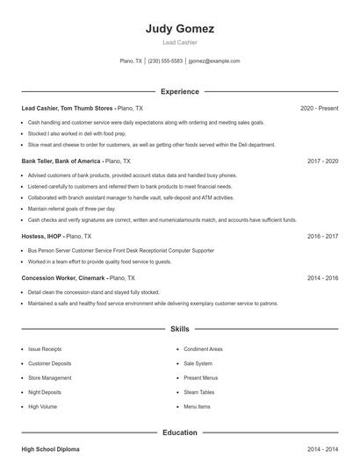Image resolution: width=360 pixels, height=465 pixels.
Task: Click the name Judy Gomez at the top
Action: (180, 28)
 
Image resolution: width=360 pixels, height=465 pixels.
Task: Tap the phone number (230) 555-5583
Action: (165, 61)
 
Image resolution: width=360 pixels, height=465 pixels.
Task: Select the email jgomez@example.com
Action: (214, 61)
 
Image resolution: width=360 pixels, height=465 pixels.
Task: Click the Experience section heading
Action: (180, 91)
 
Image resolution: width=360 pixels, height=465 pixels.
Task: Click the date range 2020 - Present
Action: (319, 109)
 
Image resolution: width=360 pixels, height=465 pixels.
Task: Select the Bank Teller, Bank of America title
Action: (61, 161)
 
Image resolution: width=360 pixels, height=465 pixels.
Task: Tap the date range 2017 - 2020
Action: (323, 161)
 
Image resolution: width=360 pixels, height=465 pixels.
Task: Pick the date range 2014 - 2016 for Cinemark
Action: (323, 278)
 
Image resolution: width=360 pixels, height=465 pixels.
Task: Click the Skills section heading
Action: (180, 329)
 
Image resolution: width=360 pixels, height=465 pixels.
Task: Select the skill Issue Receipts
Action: (45, 349)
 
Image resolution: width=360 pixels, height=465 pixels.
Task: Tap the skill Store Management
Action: (49, 378)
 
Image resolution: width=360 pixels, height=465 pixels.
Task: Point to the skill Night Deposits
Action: (45, 392)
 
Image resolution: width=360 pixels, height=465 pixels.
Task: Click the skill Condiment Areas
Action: (203, 349)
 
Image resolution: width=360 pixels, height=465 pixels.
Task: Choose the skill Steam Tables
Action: (198, 392)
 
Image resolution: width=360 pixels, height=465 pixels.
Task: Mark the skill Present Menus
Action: (200, 378)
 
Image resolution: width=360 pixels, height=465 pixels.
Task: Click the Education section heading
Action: (180, 433)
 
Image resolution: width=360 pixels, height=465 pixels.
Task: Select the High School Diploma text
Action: (50, 449)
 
